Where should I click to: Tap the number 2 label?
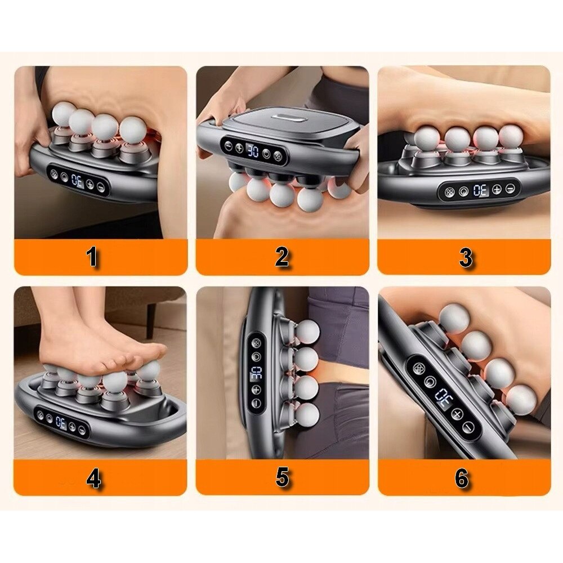pos(282,257)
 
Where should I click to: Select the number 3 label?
pos(466,257)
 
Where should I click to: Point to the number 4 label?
pos(93,479)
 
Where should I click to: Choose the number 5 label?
pos(282,477)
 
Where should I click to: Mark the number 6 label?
pos(462,478)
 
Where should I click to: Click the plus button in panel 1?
pos(90,185)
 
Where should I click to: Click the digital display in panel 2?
pos(253,151)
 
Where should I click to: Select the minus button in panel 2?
pos(229,146)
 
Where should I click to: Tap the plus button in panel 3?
pos(497,189)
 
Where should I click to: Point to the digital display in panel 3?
pos(480,190)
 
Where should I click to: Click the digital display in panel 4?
pos(61,423)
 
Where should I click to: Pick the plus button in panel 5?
pos(256,389)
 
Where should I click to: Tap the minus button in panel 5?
pos(256,403)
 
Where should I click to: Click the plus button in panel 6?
pos(457,414)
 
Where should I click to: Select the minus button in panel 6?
pos(468,427)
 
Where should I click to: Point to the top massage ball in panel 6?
pos(454,319)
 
